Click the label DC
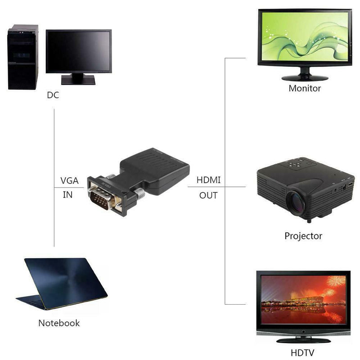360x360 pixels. click(x=53, y=95)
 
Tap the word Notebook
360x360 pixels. click(x=59, y=323)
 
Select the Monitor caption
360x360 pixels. click(x=305, y=88)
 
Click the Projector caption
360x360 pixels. click(x=303, y=236)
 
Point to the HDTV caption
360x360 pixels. click(x=303, y=353)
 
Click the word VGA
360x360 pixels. click(x=69, y=181)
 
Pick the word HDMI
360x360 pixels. click(x=208, y=180)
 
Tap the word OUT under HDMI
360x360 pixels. click(x=208, y=195)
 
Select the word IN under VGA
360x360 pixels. click(x=67, y=195)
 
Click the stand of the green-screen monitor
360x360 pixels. click(x=305, y=74)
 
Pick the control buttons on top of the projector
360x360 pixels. click(x=295, y=165)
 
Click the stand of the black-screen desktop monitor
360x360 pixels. click(x=78, y=79)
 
